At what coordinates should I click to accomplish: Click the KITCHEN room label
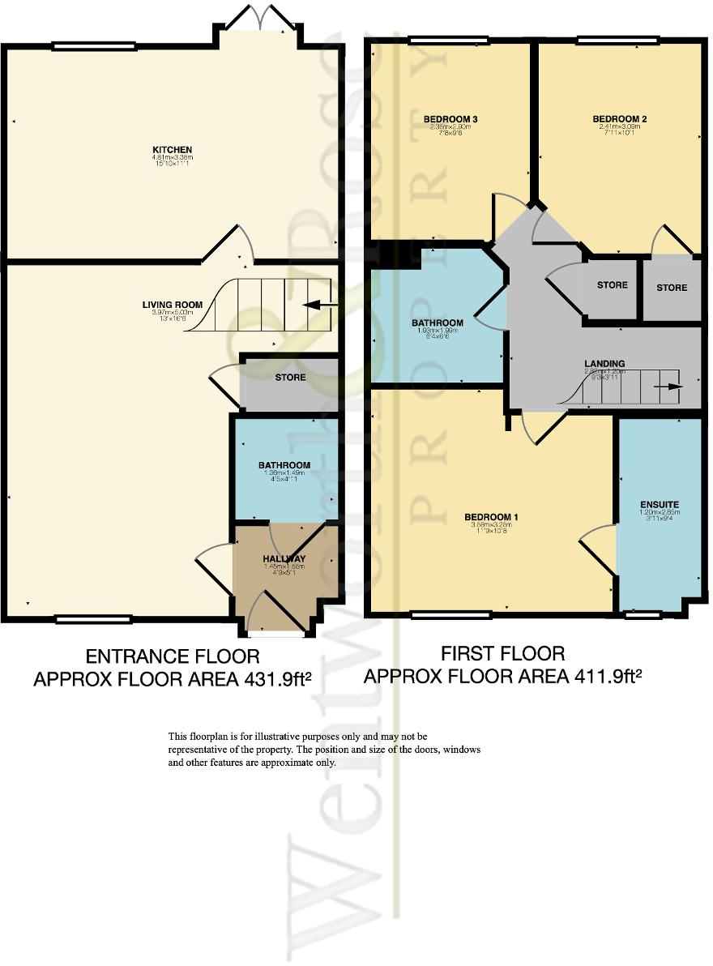pos(173,150)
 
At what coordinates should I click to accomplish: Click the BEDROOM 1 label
pos(491,517)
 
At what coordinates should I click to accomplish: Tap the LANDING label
pos(604,364)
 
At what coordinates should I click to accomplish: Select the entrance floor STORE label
pos(290,378)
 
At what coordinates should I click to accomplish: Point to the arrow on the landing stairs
pos(669,387)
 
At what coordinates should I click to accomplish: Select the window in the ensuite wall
pos(643,615)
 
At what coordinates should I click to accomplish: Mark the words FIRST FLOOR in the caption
pos(502,653)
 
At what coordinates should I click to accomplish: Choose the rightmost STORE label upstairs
pos(672,288)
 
